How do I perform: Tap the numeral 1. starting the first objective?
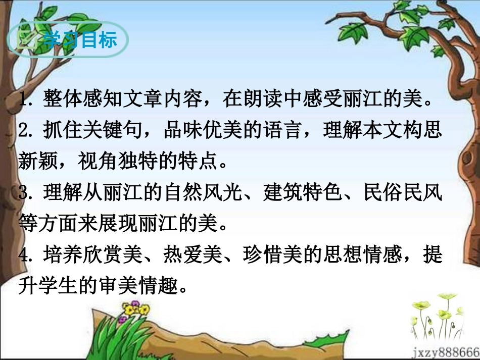pyautogui.click(x=25, y=99)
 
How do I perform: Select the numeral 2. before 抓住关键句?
pyautogui.click(x=25, y=131)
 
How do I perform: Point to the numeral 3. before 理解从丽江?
pyautogui.click(x=25, y=193)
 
